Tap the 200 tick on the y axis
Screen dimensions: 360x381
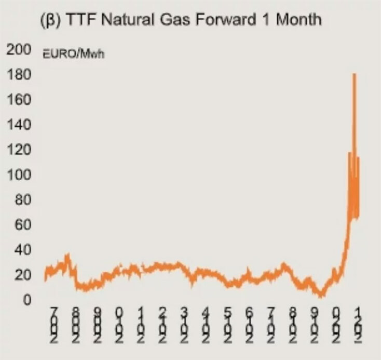[x=19, y=50]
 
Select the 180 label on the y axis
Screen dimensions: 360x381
[x=19, y=75]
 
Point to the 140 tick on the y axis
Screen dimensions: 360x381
[x=19, y=125]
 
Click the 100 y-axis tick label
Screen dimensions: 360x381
[x=19, y=175]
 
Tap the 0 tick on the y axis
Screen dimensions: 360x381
[x=25, y=300]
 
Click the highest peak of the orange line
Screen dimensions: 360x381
[x=354, y=74]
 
